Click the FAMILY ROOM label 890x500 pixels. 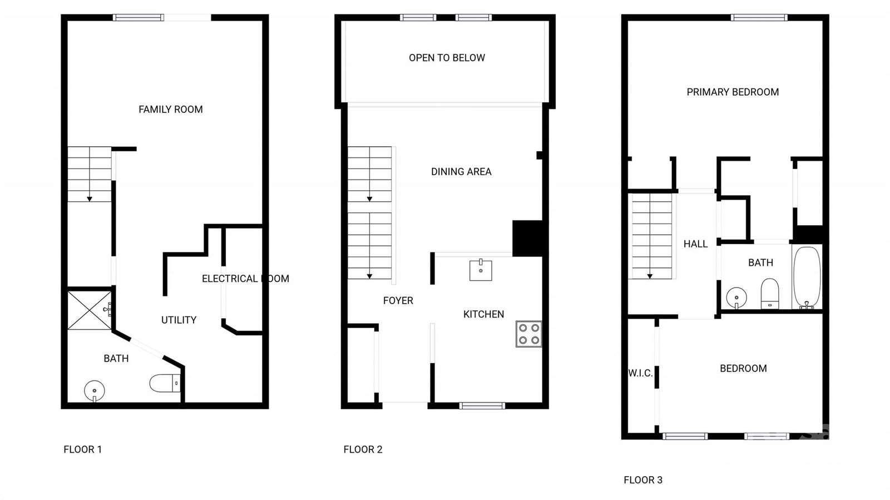pos(170,109)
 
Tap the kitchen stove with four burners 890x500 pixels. pos(529,334)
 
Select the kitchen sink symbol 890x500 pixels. pos(481,270)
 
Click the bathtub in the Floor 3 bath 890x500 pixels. pos(807,277)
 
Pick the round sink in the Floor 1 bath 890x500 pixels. pos(95,391)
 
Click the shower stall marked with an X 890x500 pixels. pos(90,310)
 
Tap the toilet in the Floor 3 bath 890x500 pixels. pos(770,294)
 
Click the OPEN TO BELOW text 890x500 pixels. pos(447,58)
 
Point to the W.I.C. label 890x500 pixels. pos(640,373)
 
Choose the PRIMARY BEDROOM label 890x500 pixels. pos(733,92)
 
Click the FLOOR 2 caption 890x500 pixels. pos(363,449)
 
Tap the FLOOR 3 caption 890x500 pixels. pos(643,480)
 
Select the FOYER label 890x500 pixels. pos(398,301)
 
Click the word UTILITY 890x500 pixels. pos(179,320)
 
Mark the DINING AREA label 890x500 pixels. pos(461,171)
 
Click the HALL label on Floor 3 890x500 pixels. pos(696,244)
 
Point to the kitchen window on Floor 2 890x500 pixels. pos(482,406)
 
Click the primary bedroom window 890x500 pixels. pos(759,17)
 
